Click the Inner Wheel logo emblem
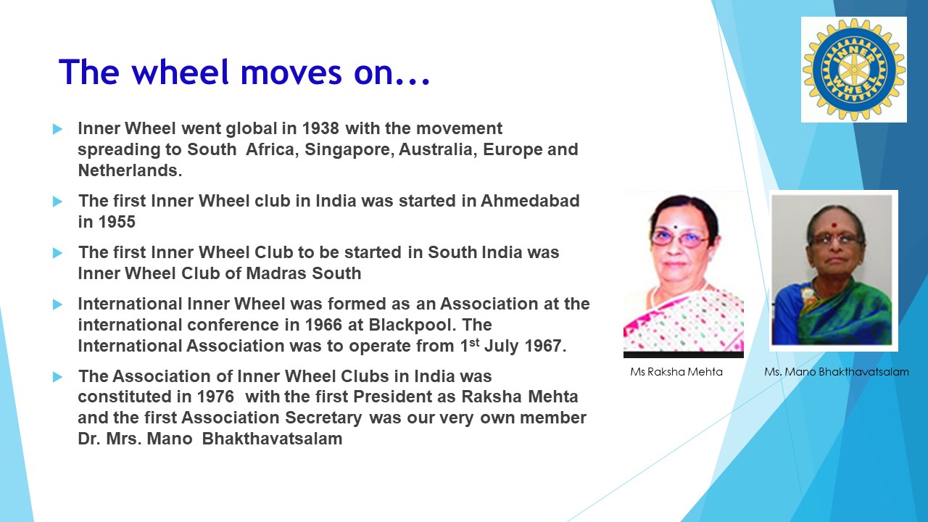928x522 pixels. coord(853,70)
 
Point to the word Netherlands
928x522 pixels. coord(128,171)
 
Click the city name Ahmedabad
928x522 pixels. coord(530,201)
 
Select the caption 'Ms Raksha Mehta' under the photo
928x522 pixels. coord(676,372)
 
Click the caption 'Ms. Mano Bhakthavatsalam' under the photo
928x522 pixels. coord(836,372)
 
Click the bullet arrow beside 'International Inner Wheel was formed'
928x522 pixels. coord(58,304)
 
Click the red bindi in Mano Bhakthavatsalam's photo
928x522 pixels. coord(834,225)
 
